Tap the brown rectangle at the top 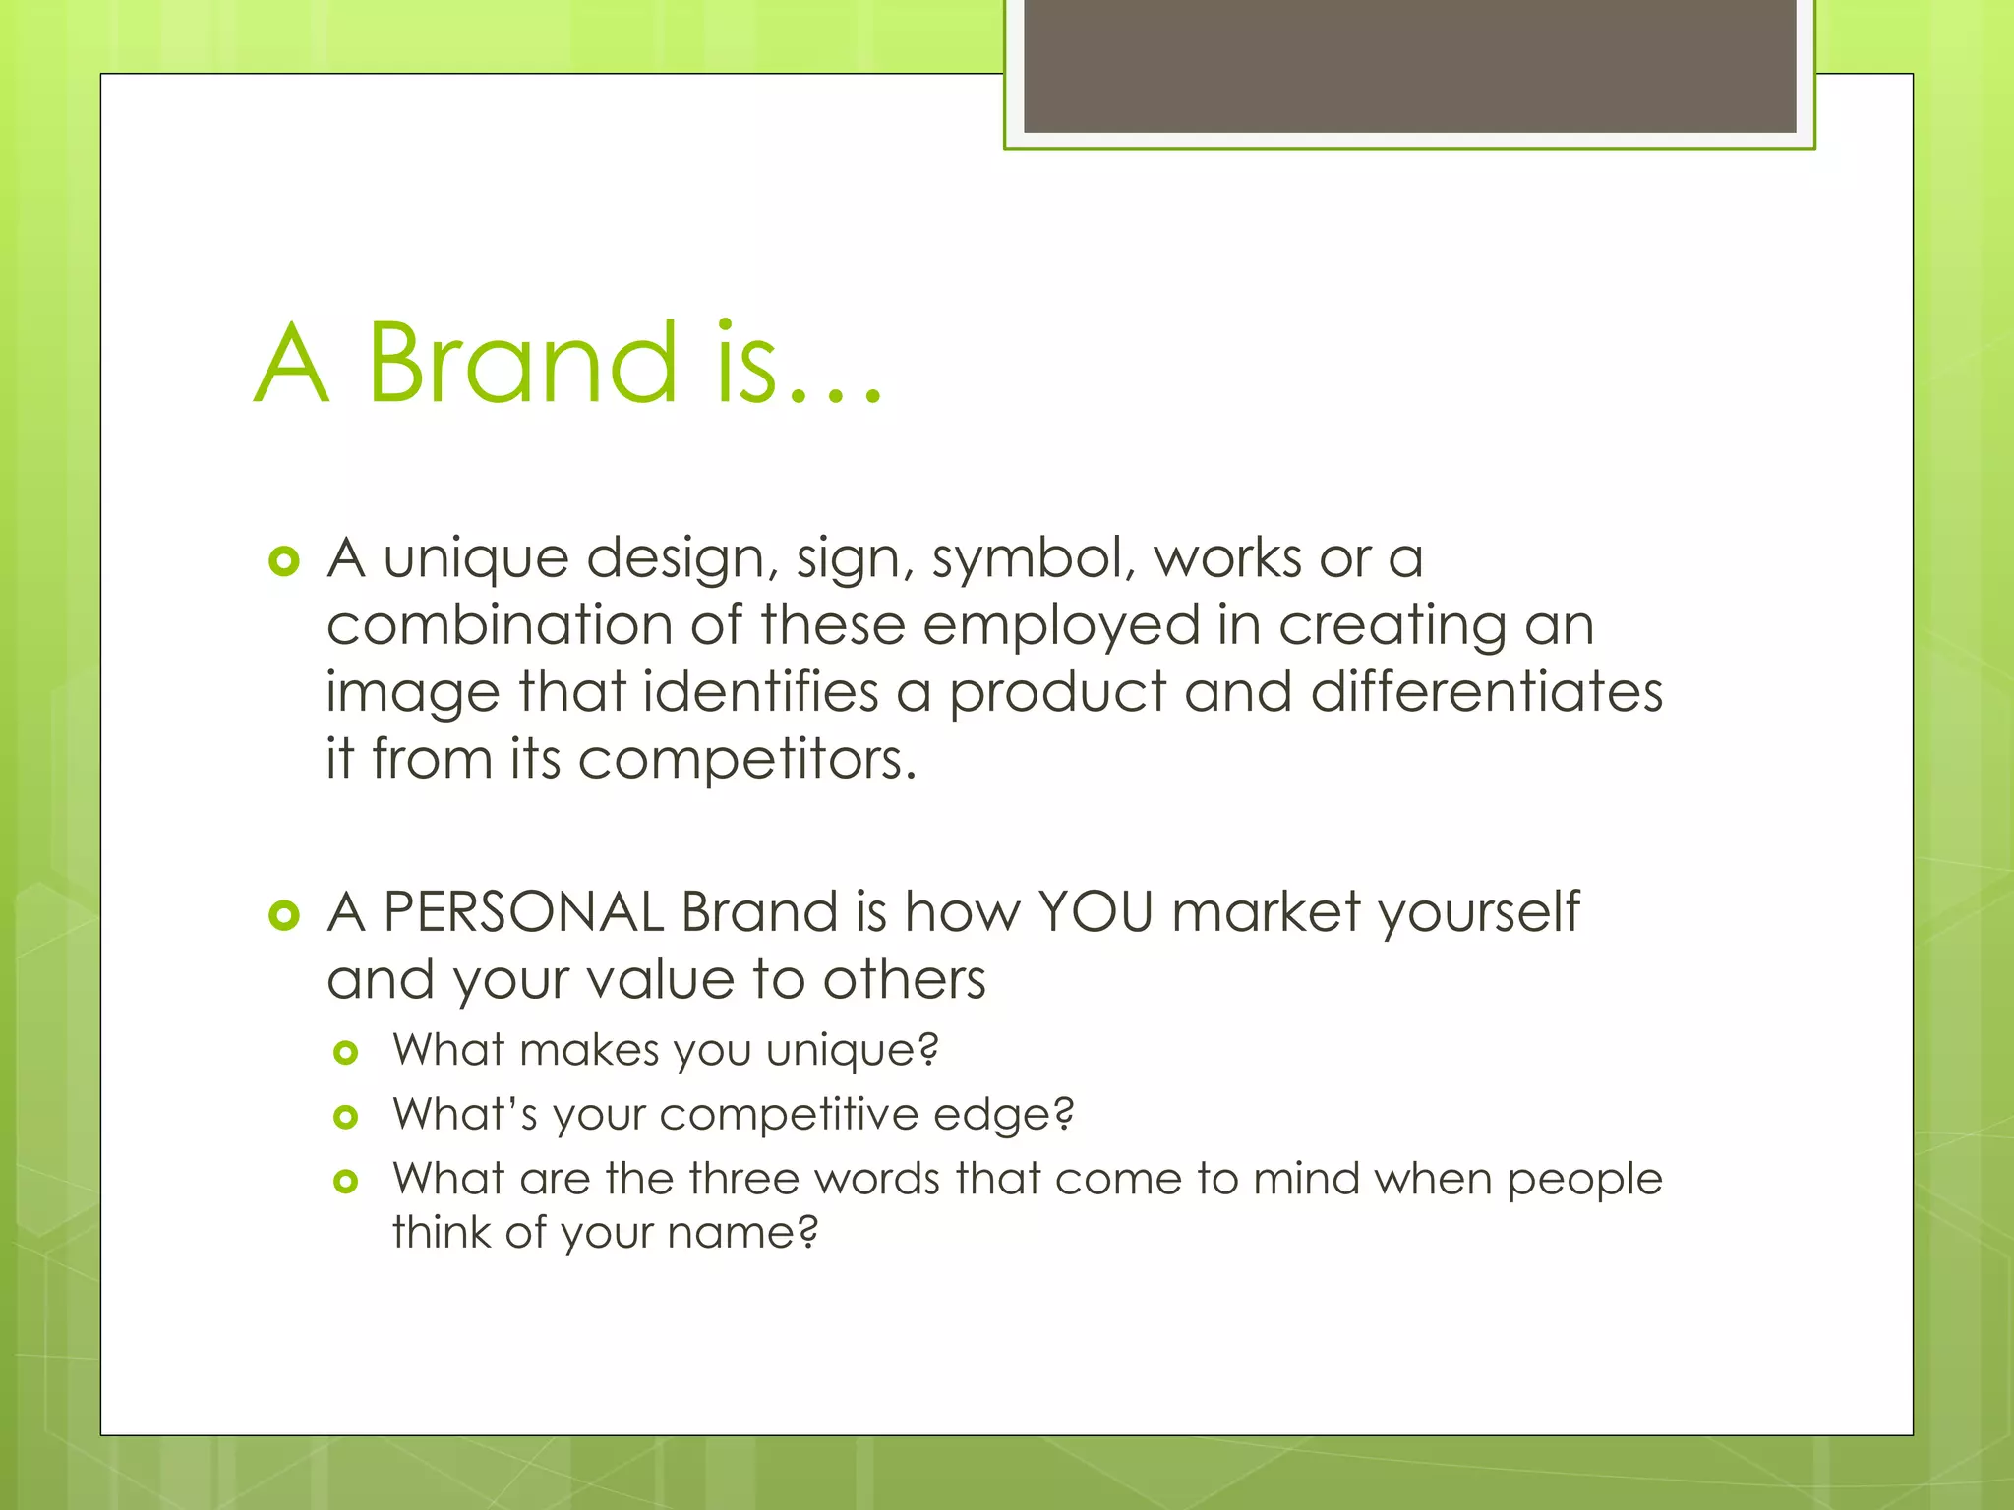pyautogui.click(x=1409, y=65)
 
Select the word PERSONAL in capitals pyautogui.click(x=523, y=911)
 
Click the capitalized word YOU pyautogui.click(x=1096, y=911)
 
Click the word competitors pyautogui.click(x=746, y=760)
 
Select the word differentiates pyautogui.click(x=1486, y=692)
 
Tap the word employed pyautogui.click(x=1061, y=626)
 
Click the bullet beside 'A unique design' pyautogui.click(x=283, y=561)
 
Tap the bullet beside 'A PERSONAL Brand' pyautogui.click(x=283, y=915)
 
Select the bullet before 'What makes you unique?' pyautogui.click(x=345, y=1053)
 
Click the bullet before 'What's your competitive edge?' pyautogui.click(x=345, y=1117)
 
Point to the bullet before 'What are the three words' pyautogui.click(x=345, y=1181)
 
